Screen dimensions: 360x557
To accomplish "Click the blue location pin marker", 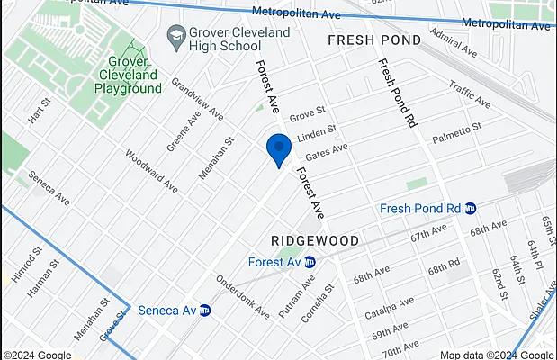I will click(x=279, y=148).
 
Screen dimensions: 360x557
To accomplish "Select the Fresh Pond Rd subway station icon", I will click(x=470, y=208).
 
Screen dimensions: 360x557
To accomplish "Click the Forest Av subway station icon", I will click(x=310, y=262).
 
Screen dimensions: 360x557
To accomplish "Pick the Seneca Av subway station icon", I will click(x=204, y=310).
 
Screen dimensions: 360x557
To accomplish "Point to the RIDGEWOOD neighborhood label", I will click(x=315, y=241).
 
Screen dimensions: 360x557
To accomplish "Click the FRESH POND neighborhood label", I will click(x=373, y=40).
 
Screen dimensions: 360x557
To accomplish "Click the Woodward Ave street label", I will click(x=151, y=170).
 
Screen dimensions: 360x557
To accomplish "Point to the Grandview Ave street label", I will click(x=198, y=101).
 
